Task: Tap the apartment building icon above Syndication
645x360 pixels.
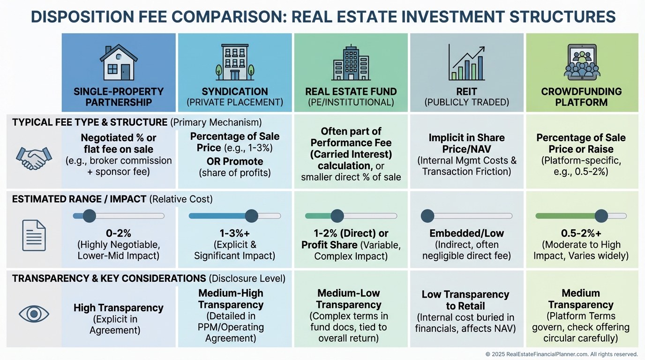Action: click(x=235, y=62)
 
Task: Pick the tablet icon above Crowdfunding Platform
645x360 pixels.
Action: click(x=582, y=61)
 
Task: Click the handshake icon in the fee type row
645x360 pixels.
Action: click(x=34, y=158)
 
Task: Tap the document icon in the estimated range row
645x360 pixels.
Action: click(x=34, y=235)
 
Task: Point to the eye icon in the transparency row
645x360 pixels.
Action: click(x=34, y=314)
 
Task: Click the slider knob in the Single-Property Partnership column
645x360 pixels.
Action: click(x=89, y=216)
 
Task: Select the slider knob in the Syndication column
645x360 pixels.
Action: click(x=252, y=216)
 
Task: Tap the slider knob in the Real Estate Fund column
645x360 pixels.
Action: click(x=337, y=216)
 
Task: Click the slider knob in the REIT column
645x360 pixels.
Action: click(x=427, y=216)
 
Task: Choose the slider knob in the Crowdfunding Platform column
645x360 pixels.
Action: click(x=601, y=216)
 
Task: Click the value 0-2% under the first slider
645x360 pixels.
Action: click(x=118, y=233)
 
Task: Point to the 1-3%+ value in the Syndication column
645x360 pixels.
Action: click(x=234, y=233)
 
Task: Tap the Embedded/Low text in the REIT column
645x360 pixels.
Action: click(x=466, y=233)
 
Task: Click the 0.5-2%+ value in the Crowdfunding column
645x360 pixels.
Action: click(x=581, y=233)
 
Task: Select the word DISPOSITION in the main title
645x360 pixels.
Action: click(x=76, y=17)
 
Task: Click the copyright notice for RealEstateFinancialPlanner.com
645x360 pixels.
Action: click(x=562, y=354)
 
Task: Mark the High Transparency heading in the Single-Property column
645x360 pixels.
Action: click(x=118, y=308)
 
